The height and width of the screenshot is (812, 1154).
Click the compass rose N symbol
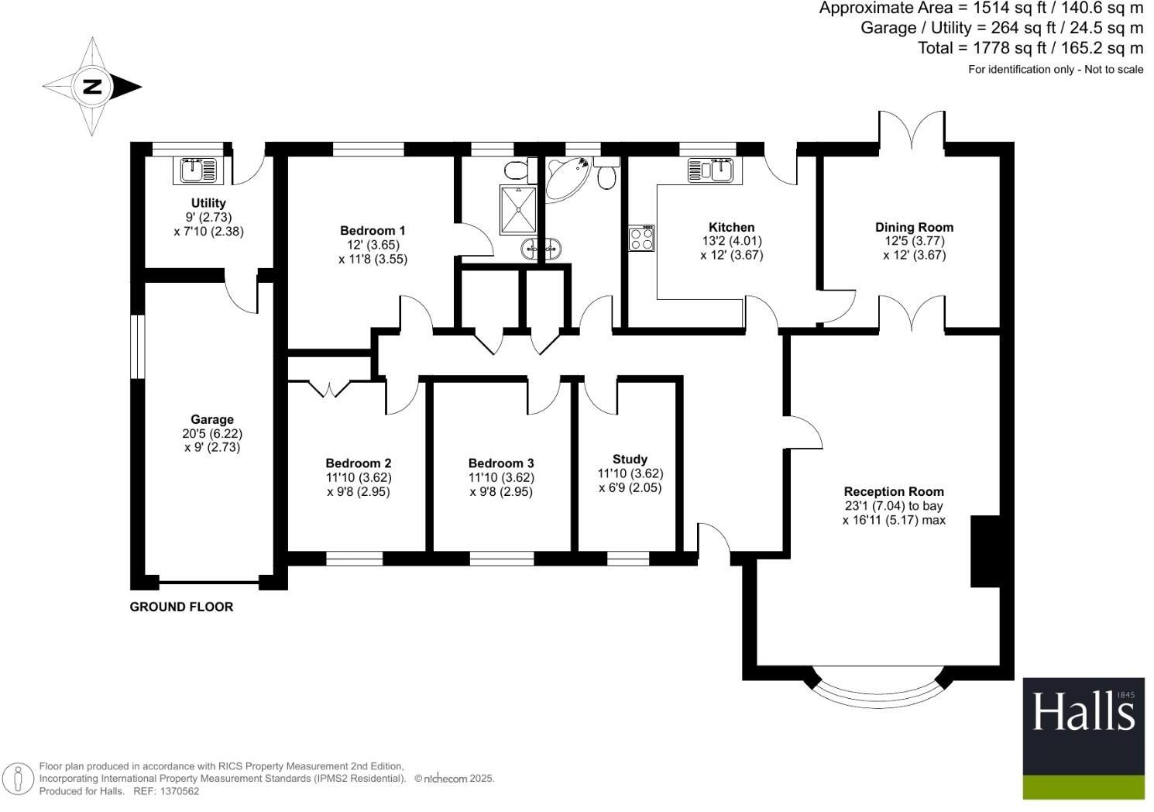92,86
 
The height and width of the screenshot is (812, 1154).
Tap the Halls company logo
1084,738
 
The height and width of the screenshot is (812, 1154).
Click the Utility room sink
198,170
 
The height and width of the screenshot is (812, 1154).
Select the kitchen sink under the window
710,170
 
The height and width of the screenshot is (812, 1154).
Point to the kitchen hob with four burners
641,238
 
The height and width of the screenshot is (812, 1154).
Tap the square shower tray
518,210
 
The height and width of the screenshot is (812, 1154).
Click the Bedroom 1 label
373,230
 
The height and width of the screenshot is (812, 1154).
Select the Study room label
630,459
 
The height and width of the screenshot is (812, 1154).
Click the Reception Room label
894,491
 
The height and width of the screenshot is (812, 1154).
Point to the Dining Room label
914,227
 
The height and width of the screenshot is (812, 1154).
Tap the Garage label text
212,420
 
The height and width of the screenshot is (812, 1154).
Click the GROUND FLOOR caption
181,607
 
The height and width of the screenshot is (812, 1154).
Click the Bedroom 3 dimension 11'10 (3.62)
501,477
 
